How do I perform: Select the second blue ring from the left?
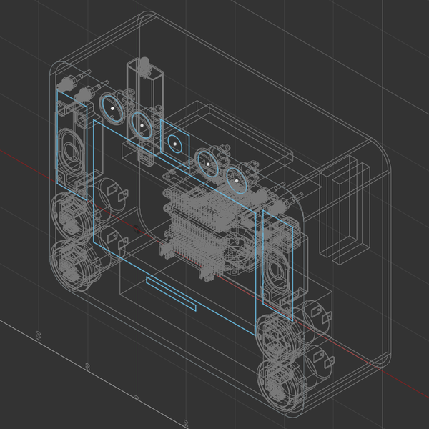click(142, 125)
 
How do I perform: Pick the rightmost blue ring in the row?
click(237, 181)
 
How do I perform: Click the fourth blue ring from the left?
click(207, 164)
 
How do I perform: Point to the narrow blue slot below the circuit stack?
click(171, 294)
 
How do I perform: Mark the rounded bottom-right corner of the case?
click(383, 357)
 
